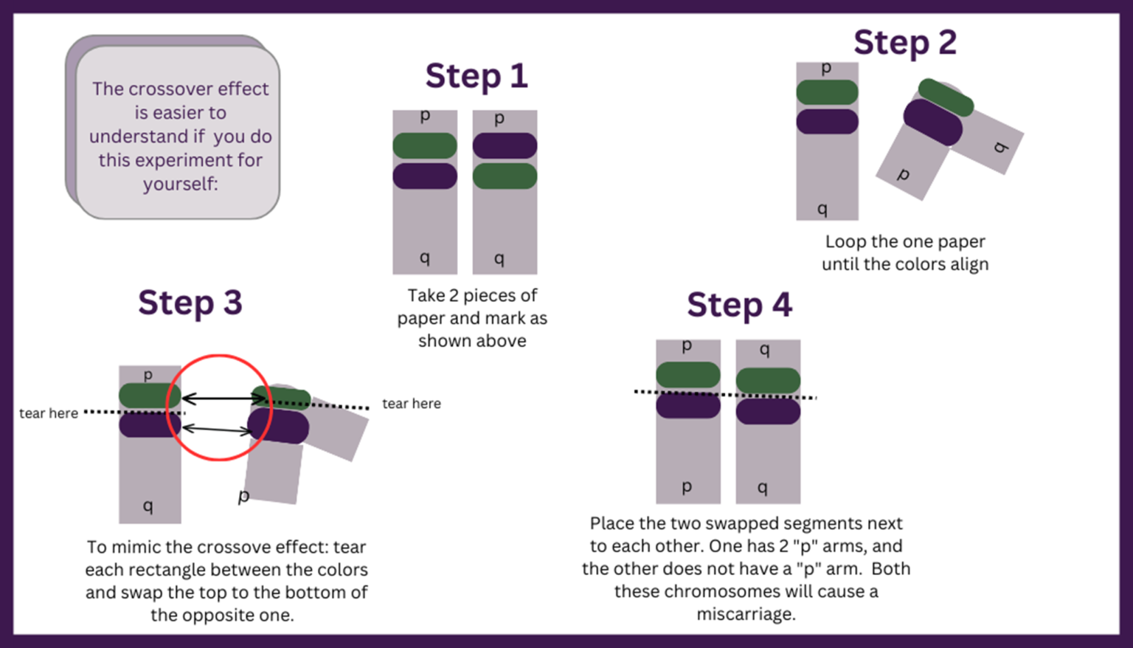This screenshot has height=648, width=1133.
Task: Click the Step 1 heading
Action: [477, 76]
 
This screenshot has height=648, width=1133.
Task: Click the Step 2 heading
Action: [904, 42]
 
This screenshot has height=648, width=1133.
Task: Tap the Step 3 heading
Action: [190, 303]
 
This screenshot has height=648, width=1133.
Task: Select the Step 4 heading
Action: [739, 305]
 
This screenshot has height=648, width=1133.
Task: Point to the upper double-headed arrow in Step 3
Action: [223, 399]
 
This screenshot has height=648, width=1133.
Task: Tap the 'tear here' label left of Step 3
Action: [49, 413]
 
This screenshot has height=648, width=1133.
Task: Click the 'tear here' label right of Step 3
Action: [412, 404]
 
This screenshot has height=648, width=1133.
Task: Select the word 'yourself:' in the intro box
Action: [181, 184]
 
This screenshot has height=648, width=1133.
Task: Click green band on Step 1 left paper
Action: [425, 145]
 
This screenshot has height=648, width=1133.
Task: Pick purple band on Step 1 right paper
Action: [505, 145]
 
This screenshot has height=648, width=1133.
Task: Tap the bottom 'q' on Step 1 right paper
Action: [499, 258]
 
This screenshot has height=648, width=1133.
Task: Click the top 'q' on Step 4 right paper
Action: [765, 348]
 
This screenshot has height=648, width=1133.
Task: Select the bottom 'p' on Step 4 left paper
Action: [687, 486]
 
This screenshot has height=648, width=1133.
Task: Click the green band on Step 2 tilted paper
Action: [946, 97]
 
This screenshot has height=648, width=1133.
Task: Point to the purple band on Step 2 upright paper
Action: [828, 122]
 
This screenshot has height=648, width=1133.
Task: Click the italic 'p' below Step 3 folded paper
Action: [244, 496]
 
